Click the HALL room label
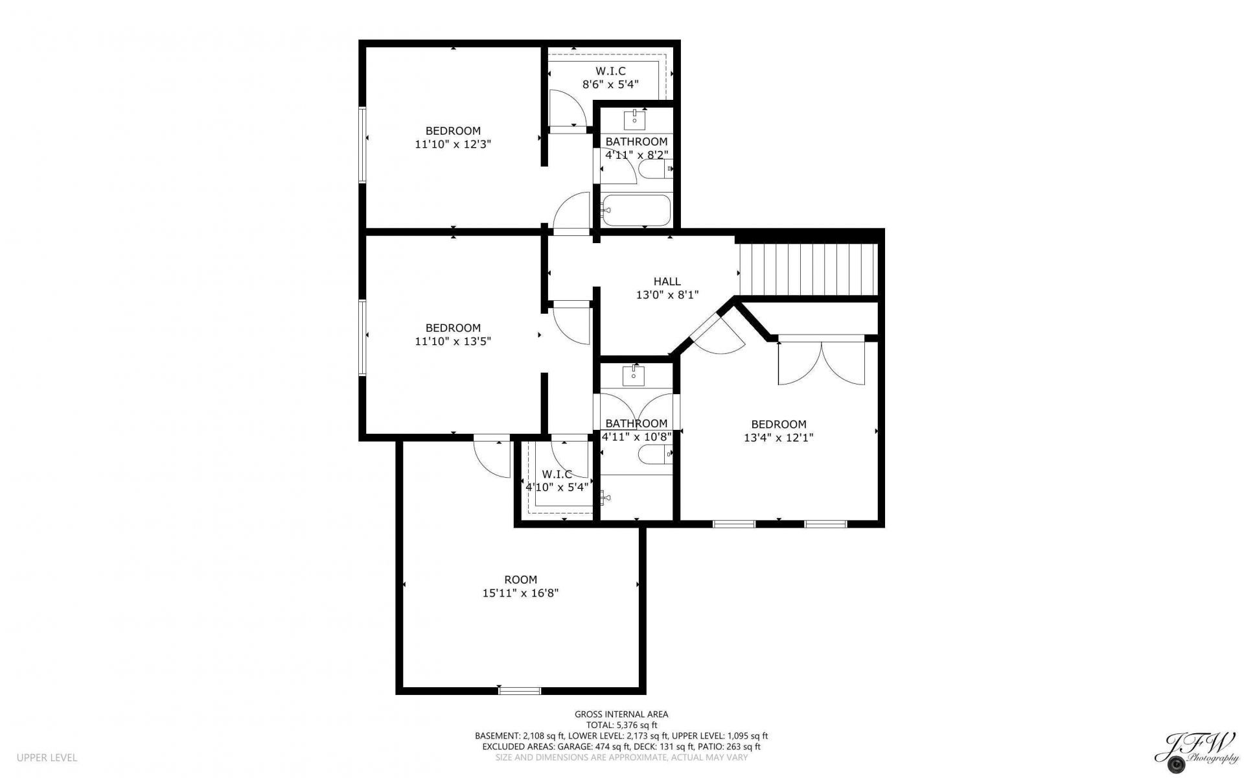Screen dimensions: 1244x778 (x=667, y=281)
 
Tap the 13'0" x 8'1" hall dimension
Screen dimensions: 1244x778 (x=667, y=295)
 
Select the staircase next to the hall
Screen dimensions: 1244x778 (x=808, y=269)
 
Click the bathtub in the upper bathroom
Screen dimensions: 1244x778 (x=636, y=211)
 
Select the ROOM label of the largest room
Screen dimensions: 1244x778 (x=521, y=580)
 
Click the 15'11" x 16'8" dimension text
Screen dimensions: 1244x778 (x=521, y=593)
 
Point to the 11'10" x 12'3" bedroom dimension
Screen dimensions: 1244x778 (x=453, y=145)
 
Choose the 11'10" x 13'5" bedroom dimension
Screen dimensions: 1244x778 (x=453, y=342)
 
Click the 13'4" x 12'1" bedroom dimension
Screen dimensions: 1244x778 (x=779, y=438)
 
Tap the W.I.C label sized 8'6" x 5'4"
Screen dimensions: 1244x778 (x=611, y=71)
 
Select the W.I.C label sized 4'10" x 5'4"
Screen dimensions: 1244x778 (x=557, y=474)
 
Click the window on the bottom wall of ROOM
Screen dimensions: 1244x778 (x=520, y=690)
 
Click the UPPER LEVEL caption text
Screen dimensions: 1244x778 (x=47, y=757)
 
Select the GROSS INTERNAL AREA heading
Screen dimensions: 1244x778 (x=621, y=714)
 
